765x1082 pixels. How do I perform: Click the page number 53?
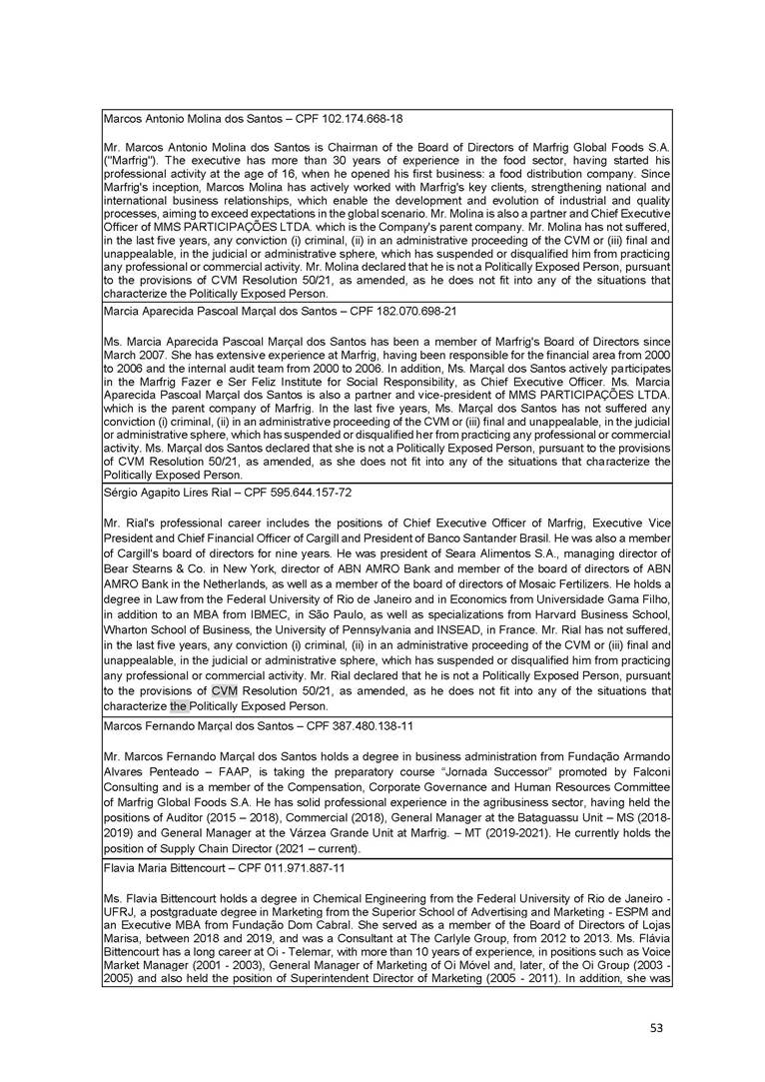tap(654, 1027)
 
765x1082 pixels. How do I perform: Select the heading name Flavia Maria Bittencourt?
tap(165, 868)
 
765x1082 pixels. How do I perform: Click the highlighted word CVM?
tap(225, 690)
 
